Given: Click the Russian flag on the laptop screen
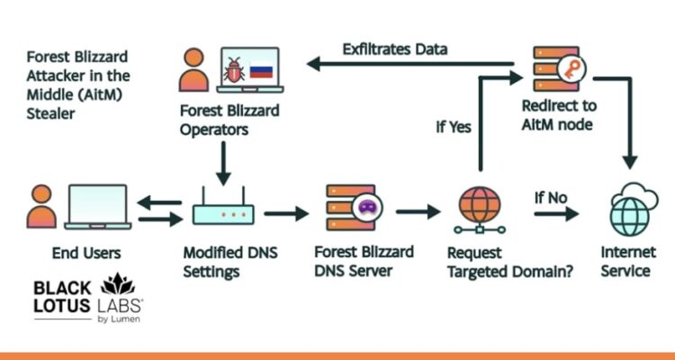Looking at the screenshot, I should coord(261,70).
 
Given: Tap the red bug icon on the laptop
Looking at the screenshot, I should coord(234,70).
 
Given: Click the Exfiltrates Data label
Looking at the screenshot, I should coord(395,48).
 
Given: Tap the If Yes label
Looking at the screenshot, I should coord(454,127).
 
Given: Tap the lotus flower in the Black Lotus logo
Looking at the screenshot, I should coord(118,285).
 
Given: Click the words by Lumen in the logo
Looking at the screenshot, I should coord(118,318).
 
